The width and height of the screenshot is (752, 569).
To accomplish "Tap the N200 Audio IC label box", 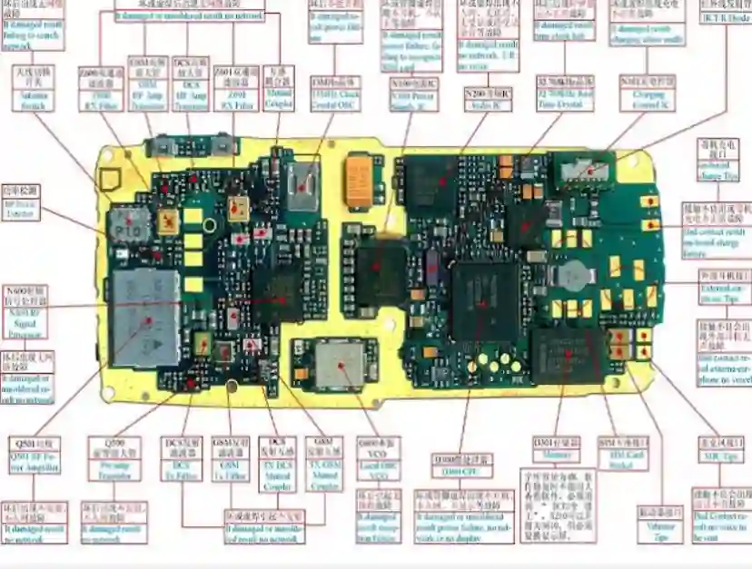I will [x=488, y=100].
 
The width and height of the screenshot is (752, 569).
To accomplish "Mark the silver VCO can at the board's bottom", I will [x=340, y=364].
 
